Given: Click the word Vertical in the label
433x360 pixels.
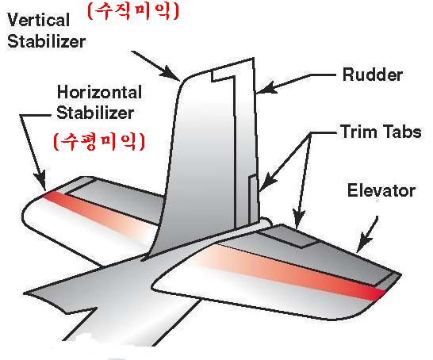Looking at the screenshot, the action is coord(38,20).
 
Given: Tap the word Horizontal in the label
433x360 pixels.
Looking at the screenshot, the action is coord(99,92).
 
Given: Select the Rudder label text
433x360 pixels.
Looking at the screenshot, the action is coord(372,75).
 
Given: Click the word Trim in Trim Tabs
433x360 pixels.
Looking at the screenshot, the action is coord(358,131).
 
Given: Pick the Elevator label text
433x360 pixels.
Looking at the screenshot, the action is coord(381,190).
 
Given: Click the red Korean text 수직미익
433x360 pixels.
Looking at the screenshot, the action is coord(133,11).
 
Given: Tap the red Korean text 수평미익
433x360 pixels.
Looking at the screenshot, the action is coord(99,142).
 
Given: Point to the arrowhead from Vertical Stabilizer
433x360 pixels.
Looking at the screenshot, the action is coord(171,74).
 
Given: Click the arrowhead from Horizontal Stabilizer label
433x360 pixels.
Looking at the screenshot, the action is coord(40,180).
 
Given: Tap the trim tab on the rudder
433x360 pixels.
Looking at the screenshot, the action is coord(253,199).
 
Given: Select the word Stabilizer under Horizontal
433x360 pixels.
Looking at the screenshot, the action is coord(95,113).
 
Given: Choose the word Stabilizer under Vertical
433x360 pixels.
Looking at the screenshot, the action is coord(46,41).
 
